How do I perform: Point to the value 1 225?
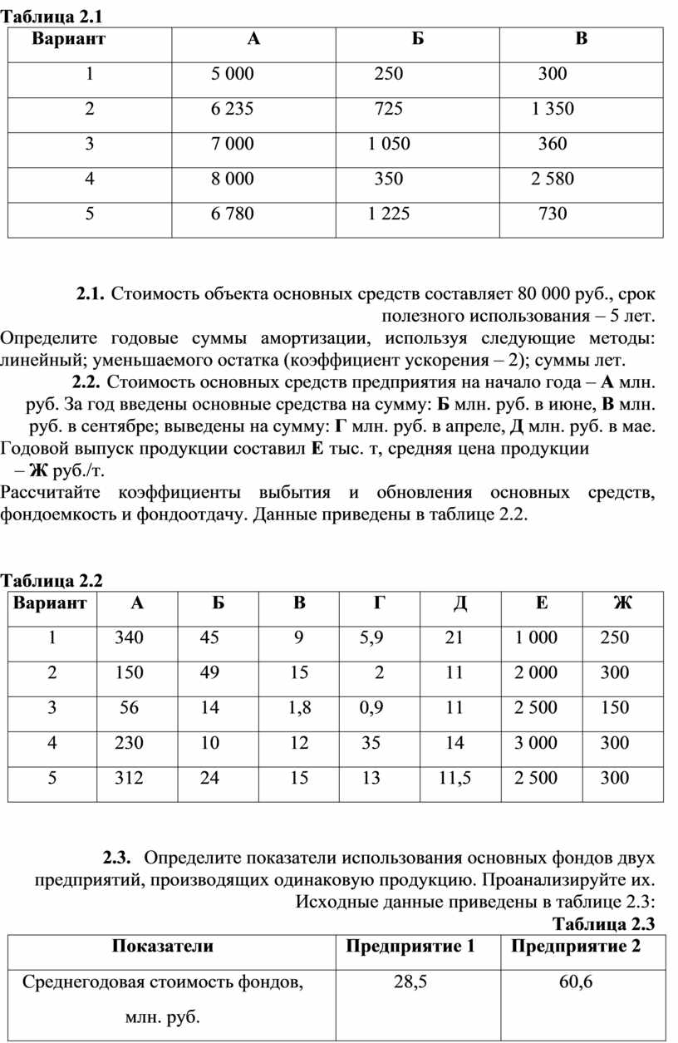tap(388, 214)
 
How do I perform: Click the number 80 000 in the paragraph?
tap(545, 293)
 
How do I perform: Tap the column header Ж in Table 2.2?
tap(622, 603)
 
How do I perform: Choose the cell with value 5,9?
tap(371, 638)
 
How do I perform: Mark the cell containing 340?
tap(130, 638)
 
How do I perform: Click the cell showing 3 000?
tap(536, 743)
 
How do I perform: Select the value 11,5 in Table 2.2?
tap(454, 779)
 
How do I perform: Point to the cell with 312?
tap(130, 779)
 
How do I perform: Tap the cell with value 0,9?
tap(371, 708)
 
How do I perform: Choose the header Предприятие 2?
tap(576, 947)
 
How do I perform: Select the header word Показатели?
tap(163, 947)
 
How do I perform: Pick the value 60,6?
tap(576, 982)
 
